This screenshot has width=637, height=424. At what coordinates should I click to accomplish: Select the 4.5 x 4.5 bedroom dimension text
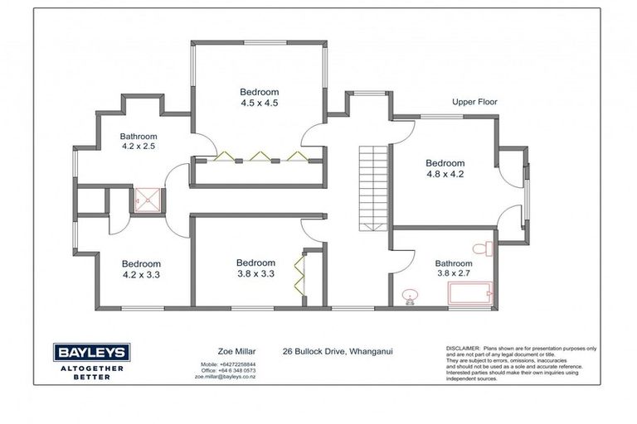pyautogui.click(x=260, y=104)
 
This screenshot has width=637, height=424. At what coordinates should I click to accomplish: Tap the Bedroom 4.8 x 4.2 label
pyautogui.click(x=445, y=169)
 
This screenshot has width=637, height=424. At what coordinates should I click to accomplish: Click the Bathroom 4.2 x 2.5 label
pyautogui.click(x=138, y=141)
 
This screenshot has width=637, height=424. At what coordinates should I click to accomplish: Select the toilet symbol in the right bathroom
pyautogui.click(x=484, y=248)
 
